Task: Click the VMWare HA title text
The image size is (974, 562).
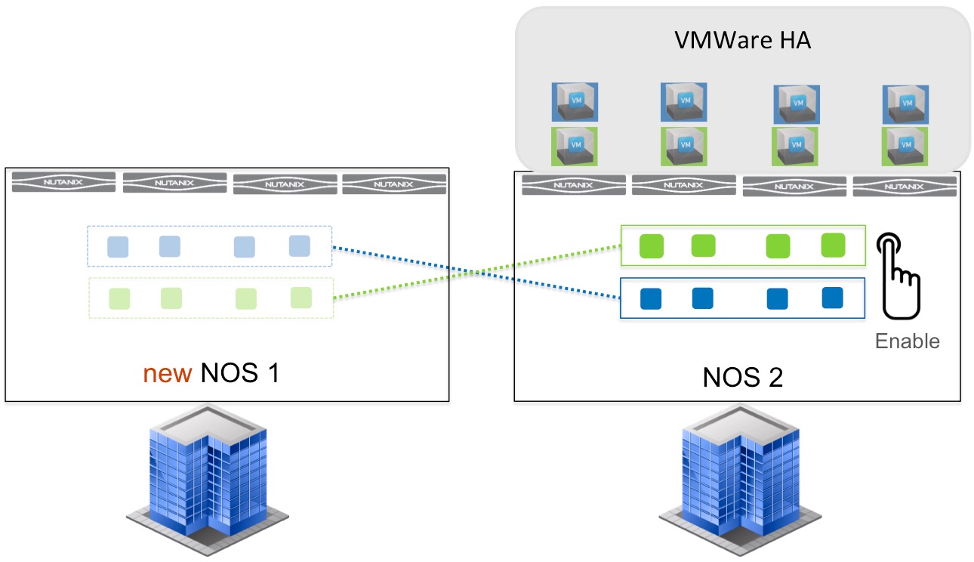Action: (x=743, y=40)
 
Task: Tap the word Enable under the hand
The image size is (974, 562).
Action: (x=908, y=341)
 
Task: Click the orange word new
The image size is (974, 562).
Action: (x=168, y=374)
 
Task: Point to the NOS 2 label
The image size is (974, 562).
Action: (x=743, y=377)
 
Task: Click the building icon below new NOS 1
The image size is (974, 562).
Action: (x=208, y=480)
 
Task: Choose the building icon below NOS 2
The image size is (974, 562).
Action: (x=741, y=480)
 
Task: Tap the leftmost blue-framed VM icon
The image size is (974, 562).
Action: (x=575, y=102)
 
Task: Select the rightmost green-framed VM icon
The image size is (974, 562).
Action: (x=905, y=147)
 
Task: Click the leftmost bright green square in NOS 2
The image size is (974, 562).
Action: (x=652, y=246)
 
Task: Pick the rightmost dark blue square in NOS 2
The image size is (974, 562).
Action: (x=833, y=298)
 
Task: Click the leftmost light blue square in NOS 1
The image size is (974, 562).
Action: (x=118, y=247)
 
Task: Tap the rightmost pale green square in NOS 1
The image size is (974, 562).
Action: (x=301, y=298)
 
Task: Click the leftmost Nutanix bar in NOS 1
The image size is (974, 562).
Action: (x=63, y=182)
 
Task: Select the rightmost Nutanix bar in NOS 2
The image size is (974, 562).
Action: (x=905, y=187)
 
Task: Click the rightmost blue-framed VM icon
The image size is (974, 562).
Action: (x=906, y=105)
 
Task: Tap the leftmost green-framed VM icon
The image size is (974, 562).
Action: (x=575, y=147)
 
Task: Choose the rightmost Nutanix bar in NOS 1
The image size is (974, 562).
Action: (x=394, y=184)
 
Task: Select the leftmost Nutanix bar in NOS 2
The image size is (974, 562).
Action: (x=574, y=185)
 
